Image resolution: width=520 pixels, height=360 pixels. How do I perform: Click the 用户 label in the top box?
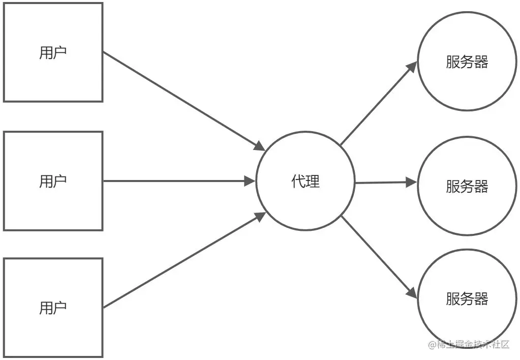tap(53, 53)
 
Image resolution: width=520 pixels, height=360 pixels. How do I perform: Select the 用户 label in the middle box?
tap(53, 181)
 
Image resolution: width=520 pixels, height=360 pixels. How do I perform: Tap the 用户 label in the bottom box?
tap(53, 308)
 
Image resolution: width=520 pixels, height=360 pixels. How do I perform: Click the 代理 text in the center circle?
tap(305, 181)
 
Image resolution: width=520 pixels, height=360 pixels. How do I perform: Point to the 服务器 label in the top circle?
tap(467, 62)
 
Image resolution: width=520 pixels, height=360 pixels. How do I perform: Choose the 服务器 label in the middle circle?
tap(467, 186)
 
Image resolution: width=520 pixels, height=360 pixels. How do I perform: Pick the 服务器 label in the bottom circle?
tap(467, 298)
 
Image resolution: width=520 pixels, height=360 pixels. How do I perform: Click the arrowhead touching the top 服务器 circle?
tap(412, 67)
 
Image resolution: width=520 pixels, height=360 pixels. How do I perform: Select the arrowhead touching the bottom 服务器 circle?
tap(412, 292)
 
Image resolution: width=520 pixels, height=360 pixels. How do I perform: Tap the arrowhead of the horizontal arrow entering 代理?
tap(250, 181)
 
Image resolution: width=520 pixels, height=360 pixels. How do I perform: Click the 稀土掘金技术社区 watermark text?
tap(469, 345)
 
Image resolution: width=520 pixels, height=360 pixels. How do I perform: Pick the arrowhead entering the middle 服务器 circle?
tap(411, 183)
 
